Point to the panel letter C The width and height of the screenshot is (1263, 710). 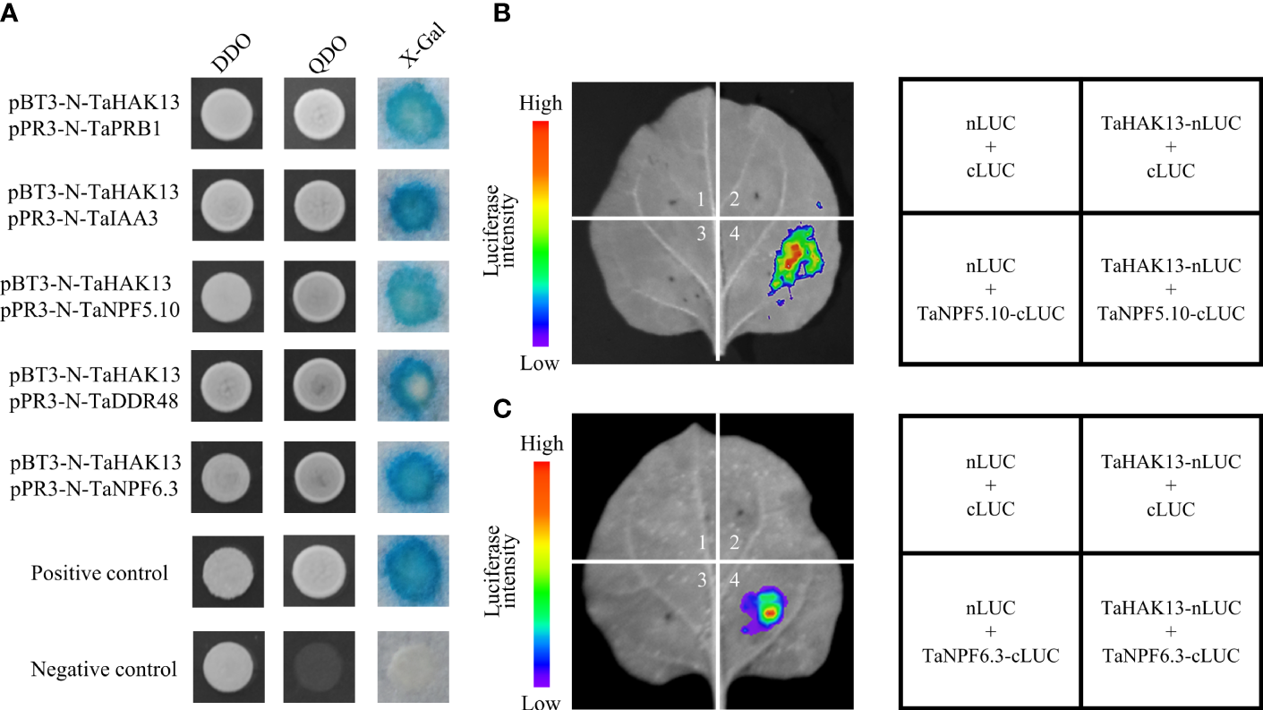click(x=504, y=408)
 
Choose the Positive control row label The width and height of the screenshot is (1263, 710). click(x=99, y=573)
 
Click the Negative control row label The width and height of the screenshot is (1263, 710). click(x=104, y=669)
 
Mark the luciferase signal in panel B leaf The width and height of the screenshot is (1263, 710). click(x=792, y=263)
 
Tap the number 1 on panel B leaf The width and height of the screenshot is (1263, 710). click(x=704, y=199)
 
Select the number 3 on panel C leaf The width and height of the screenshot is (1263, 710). click(x=704, y=581)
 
